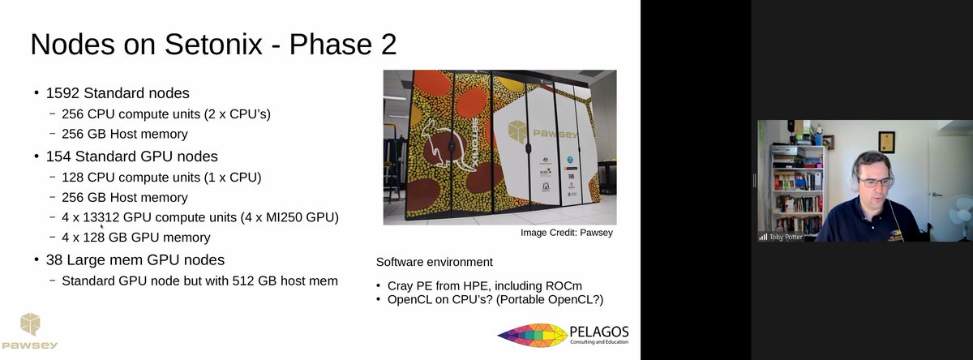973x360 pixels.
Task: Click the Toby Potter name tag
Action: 785,237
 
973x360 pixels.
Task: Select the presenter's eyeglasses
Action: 874,182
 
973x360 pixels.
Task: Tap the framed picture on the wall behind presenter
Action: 885,141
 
